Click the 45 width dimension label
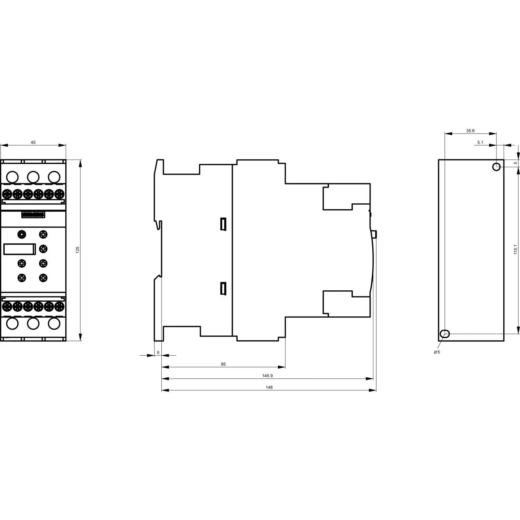[33, 142]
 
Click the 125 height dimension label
[78, 250]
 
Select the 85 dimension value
[223, 364]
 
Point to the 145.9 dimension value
[268, 376]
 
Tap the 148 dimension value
[269, 387]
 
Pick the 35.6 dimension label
[470, 131]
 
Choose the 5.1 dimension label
[480, 142]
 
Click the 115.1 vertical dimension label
[515, 249]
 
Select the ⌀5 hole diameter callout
[437, 352]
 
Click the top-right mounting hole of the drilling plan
[496, 167]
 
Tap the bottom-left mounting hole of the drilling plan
[445, 334]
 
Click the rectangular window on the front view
[19, 249]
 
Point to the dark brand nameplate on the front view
[33, 215]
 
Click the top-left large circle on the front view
[12, 177]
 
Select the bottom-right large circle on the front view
[54, 324]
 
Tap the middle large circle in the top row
[33, 177]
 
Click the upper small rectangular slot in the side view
[223, 224]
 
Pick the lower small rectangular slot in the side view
[223, 288]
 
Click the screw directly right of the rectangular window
[43, 249]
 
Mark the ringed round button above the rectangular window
[22, 234]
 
